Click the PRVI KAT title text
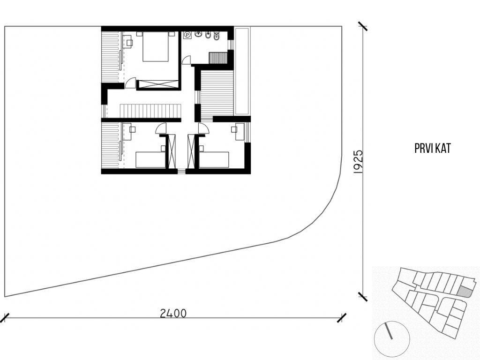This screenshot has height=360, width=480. [x=433, y=149]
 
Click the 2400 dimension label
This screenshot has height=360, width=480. [x=173, y=313]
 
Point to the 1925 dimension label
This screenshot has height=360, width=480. [x=358, y=162]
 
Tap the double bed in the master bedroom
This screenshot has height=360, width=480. [x=156, y=46]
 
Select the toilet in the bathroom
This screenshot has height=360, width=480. [x=217, y=37]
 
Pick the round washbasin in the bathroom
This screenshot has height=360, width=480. [x=198, y=34]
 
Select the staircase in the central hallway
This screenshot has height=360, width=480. [x=150, y=111]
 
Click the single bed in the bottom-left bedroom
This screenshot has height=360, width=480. [x=150, y=159]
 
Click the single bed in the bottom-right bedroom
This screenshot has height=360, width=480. [x=214, y=159]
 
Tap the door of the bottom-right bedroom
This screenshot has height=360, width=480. [x=203, y=128]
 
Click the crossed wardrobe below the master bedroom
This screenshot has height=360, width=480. [x=157, y=84]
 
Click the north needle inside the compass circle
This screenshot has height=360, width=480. [x=389, y=330]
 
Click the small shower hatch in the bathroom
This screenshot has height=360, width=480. [x=217, y=57]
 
